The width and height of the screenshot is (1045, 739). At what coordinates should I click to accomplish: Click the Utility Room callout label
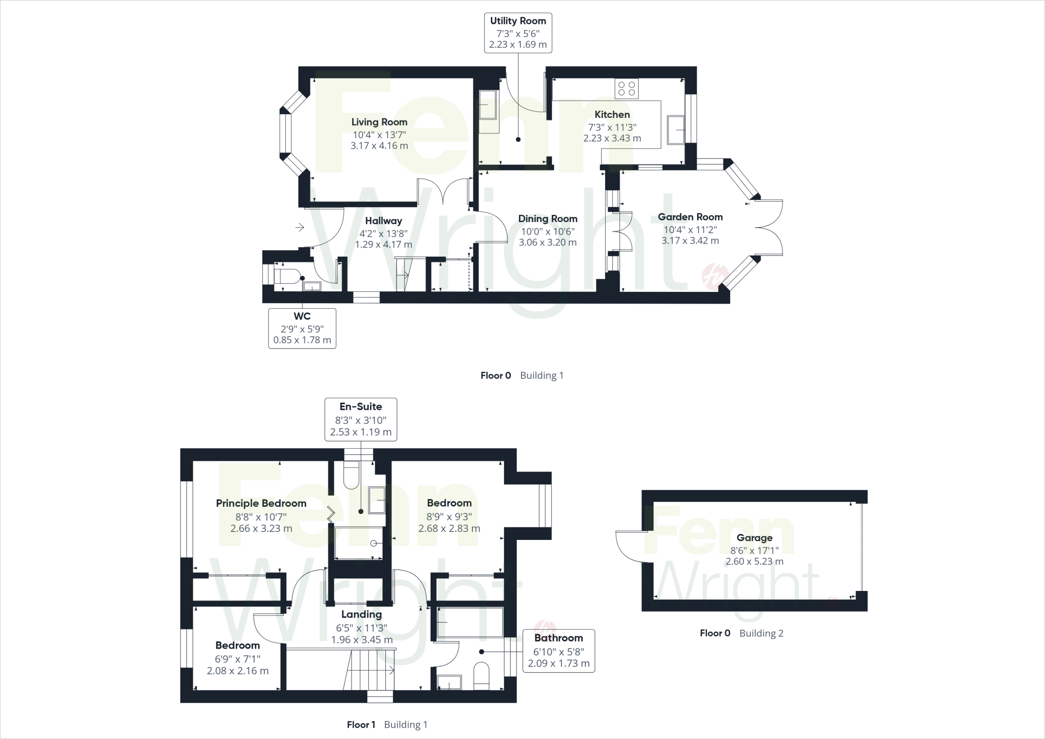pos(518,33)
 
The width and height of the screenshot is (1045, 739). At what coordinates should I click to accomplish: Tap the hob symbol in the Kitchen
pos(627,89)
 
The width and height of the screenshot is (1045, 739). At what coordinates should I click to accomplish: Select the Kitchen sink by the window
pos(676,130)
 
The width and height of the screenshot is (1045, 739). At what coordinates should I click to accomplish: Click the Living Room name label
pos(379,122)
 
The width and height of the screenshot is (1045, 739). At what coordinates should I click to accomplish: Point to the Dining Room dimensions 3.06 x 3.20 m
pos(548,242)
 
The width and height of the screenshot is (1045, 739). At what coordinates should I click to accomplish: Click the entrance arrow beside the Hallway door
pos(300,227)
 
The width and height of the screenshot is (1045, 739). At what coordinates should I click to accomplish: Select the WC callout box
pos(302,328)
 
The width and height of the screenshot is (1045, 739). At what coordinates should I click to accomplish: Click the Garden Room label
pos(690,217)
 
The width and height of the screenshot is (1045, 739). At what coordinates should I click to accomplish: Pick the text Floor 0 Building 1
pos(521,376)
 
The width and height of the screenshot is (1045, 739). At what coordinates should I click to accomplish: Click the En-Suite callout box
pos(361,420)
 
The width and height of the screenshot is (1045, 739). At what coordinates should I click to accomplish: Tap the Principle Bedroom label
pos(261,503)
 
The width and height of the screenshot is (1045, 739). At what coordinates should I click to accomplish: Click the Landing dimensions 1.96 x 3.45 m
pos(362,639)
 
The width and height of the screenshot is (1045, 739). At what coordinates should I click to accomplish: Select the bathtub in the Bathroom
pos(470,622)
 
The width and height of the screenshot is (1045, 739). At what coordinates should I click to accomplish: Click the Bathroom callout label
pos(558,651)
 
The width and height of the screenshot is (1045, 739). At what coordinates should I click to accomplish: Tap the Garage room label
pos(754,538)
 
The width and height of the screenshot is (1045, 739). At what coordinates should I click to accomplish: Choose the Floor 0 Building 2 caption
pos(741,633)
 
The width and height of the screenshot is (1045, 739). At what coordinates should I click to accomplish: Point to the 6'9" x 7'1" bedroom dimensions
pos(237,658)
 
